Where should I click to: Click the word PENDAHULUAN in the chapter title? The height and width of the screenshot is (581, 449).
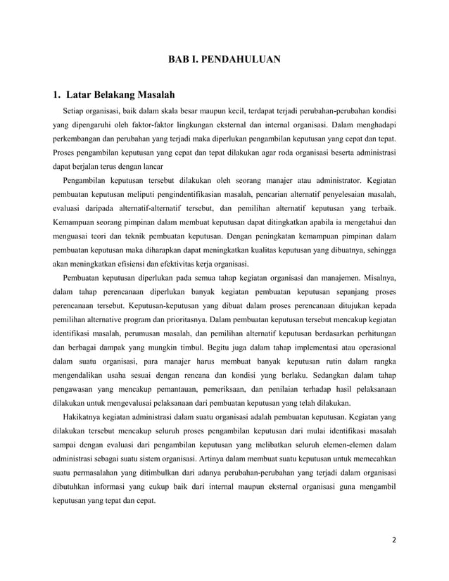241,60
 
